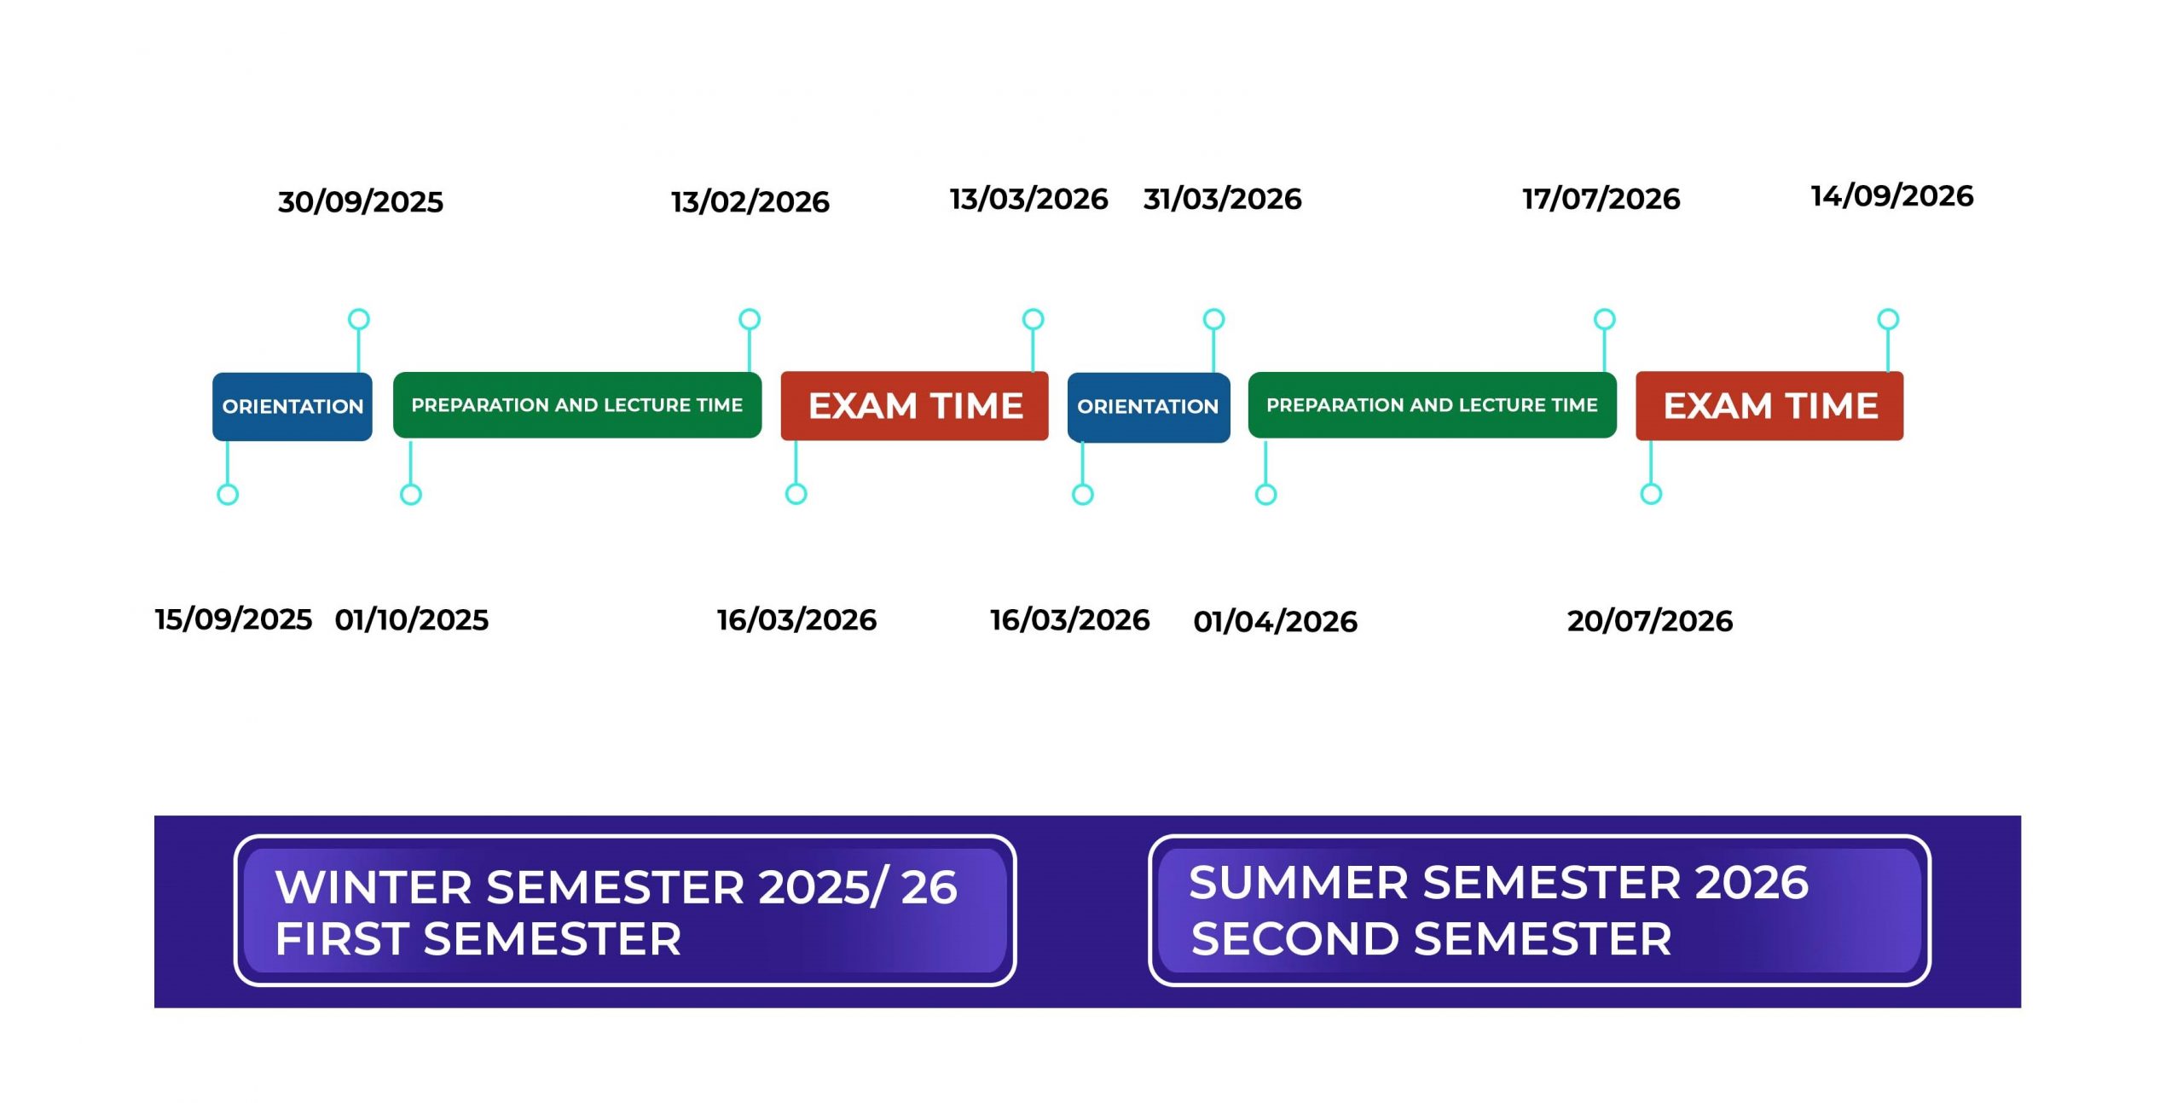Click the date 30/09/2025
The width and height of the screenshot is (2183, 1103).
point(361,202)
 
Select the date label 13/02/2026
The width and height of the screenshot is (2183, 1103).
point(750,202)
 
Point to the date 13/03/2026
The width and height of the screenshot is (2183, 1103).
point(1029,200)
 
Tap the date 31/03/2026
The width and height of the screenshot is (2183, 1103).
point(1223,200)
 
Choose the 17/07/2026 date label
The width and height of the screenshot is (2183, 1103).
point(1601,200)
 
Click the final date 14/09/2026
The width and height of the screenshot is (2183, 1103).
point(1892,196)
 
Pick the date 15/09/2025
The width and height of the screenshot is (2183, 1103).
point(234,619)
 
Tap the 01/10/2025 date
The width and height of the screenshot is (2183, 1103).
point(412,620)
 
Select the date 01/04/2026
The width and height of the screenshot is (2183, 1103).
point(1276,622)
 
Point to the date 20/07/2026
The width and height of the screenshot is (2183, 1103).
point(1650,621)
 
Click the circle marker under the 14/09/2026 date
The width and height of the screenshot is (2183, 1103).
point(1888,319)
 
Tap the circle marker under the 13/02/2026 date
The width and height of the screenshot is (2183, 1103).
point(750,319)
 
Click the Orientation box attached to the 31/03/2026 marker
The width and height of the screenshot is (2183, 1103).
point(1149,407)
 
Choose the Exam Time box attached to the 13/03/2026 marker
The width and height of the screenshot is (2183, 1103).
point(914,406)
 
